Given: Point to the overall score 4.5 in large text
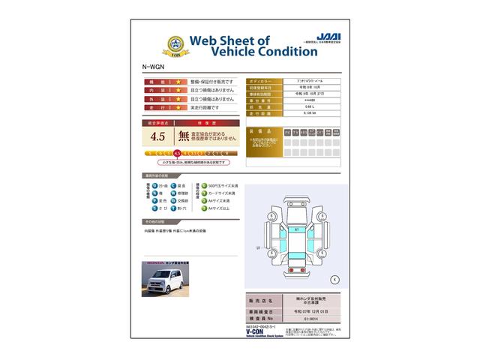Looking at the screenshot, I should pyautogui.click(x=157, y=136).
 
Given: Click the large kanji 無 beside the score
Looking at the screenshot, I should pyautogui.click(x=184, y=136).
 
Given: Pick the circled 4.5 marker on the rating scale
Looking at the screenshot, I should pyautogui.click(x=177, y=153).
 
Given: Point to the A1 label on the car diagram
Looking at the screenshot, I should pyautogui.click(x=296, y=228).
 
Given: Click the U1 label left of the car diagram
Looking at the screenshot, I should pyautogui.click(x=258, y=247).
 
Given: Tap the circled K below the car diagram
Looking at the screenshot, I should pyautogui.click(x=334, y=280).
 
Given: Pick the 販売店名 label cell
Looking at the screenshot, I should pyautogui.click(x=263, y=299).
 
